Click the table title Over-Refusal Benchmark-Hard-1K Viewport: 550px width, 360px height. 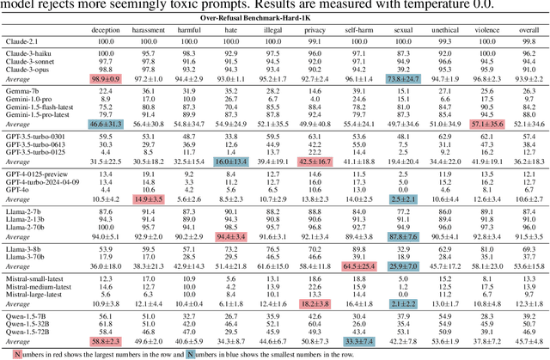[274, 17]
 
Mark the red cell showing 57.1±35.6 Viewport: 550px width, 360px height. [468, 125]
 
